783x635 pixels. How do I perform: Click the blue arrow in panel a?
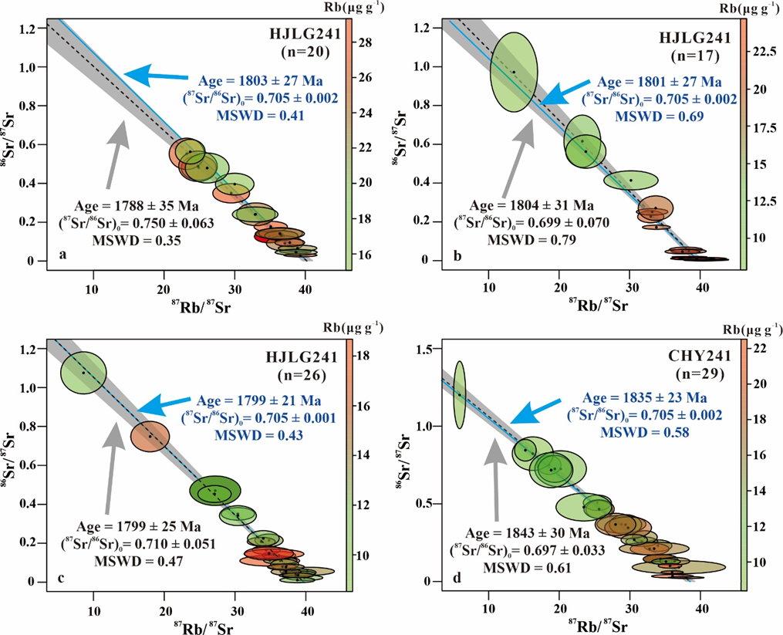[x=154, y=76]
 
